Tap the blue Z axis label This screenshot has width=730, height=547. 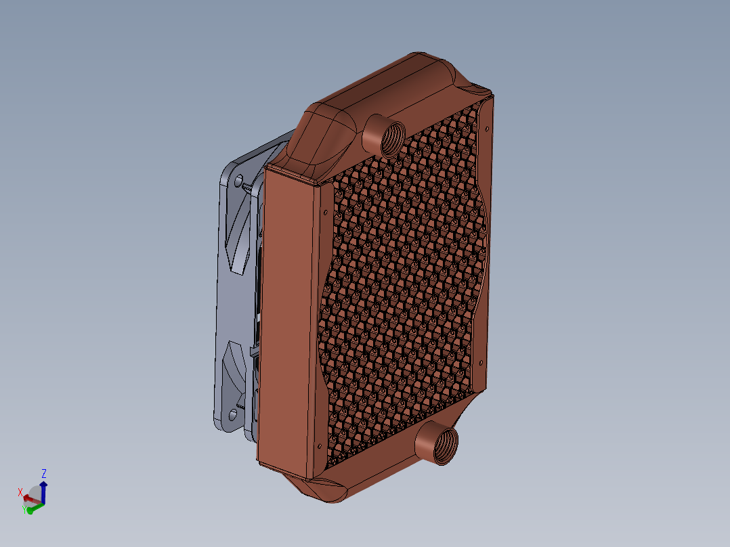pos(44,473)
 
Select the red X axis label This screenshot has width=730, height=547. pos(20,492)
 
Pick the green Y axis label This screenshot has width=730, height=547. pos(24,510)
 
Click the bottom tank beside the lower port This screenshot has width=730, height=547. pos(379,467)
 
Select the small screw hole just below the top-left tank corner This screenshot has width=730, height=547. pos(327,212)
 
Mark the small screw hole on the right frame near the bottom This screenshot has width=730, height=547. pos(483,361)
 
